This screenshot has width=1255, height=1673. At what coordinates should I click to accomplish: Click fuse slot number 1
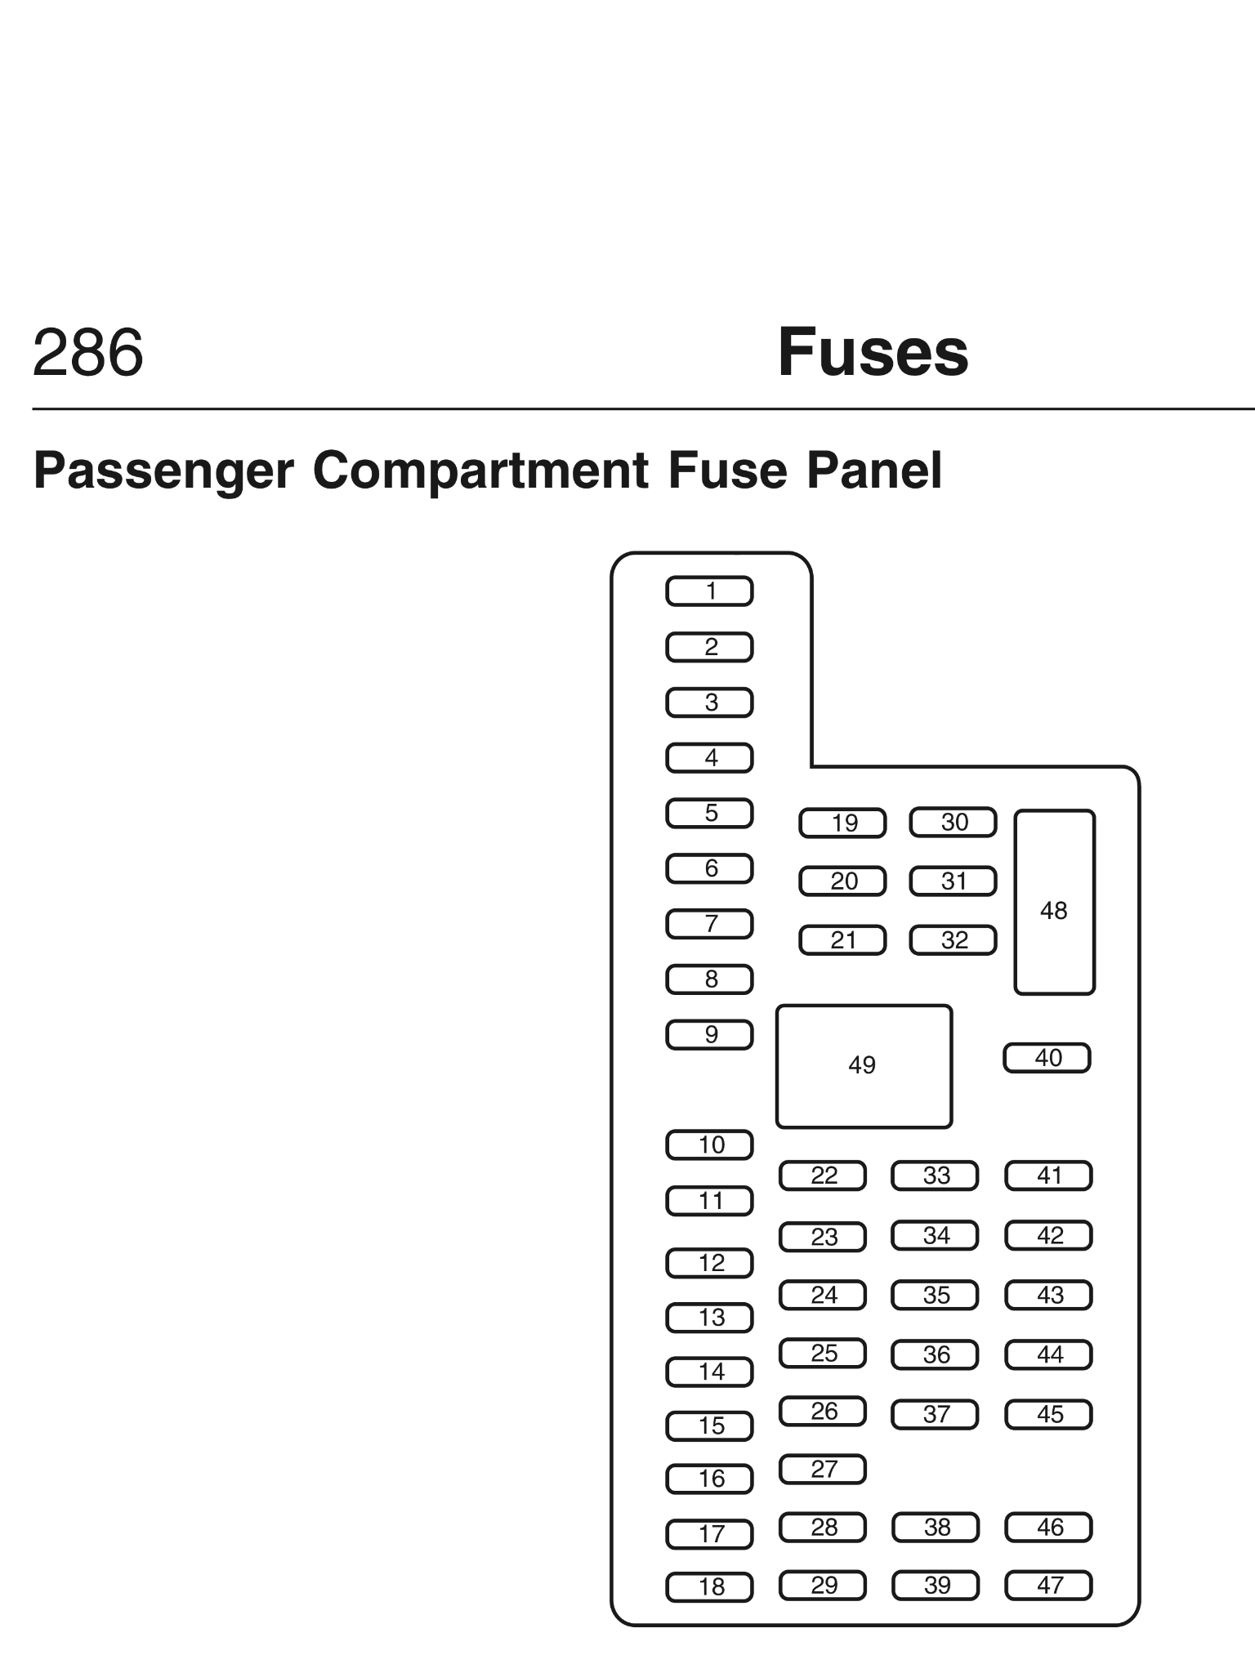[x=709, y=591]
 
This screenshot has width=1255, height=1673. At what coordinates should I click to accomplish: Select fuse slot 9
[x=709, y=1035]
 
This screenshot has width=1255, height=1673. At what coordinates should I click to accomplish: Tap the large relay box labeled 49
[x=864, y=1066]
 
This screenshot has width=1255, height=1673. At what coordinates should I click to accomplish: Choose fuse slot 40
[x=1047, y=1058]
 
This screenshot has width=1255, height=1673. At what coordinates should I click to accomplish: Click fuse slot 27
[x=823, y=1470]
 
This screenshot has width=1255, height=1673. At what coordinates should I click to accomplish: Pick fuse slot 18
[x=709, y=1587]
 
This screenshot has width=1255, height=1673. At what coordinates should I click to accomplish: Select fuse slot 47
[x=1048, y=1586]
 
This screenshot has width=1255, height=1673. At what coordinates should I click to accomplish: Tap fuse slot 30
[x=953, y=823]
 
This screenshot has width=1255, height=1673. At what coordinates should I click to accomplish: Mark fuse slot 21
[x=842, y=940]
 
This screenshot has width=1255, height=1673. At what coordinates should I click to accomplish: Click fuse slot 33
[x=935, y=1176]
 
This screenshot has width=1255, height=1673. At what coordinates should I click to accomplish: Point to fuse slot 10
[x=709, y=1145]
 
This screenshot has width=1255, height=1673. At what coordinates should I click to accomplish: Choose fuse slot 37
[x=935, y=1415]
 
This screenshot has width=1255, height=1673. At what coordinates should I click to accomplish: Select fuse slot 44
[x=1048, y=1355]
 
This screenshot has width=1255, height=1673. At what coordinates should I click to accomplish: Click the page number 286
[x=88, y=353]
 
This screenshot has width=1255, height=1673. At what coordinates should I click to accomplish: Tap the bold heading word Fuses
[x=873, y=353]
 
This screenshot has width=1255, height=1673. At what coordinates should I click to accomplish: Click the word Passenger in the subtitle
[x=163, y=471]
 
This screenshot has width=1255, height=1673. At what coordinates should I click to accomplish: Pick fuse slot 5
[x=709, y=814]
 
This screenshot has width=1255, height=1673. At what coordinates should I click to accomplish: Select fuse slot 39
[x=936, y=1586]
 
